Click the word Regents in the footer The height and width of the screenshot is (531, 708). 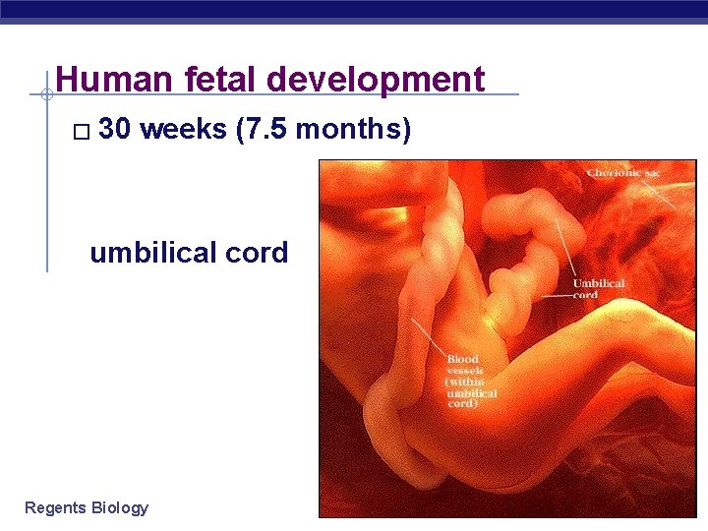click(x=55, y=507)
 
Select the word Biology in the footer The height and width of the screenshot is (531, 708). click(x=119, y=507)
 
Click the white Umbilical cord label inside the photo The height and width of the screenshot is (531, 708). click(x=598, y=288)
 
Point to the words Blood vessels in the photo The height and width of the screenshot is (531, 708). click(x=465, y=365)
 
